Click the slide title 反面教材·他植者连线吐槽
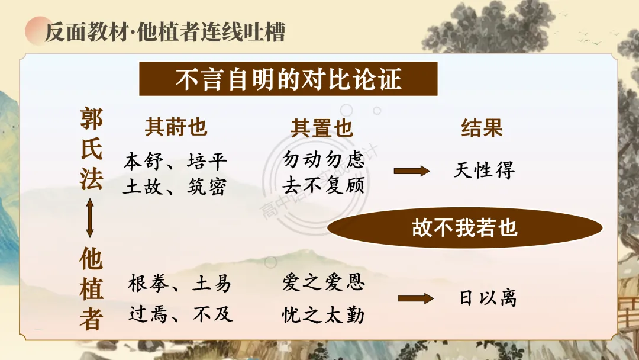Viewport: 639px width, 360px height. coord(164,32)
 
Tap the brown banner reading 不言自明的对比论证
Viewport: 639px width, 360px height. coord(288,79)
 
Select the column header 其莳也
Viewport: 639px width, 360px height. coord(176,127)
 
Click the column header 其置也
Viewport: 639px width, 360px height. coord(321,128)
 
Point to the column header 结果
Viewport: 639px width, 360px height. coord(482,128)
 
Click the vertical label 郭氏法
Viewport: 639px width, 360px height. coord(91,149)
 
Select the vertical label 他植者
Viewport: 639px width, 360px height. coord(91,288)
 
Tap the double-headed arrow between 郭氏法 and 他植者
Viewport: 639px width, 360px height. coord(90,218)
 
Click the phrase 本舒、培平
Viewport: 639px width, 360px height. coord(175,162)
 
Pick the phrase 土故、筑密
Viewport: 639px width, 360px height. coord(175,187)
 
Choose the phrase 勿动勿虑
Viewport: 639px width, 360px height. coord(324,159)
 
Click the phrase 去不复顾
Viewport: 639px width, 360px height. coord(324,185)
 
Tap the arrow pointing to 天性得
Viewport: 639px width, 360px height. coord(412,171)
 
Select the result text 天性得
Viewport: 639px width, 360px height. coord(484,170)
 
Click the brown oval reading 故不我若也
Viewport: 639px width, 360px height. coord(465,227)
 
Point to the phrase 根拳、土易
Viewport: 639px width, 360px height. coord(179,283)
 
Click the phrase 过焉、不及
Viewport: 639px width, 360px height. coord(180,314)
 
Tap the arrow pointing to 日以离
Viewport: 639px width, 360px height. coord(416,299)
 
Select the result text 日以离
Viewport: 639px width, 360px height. coord(488,298)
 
